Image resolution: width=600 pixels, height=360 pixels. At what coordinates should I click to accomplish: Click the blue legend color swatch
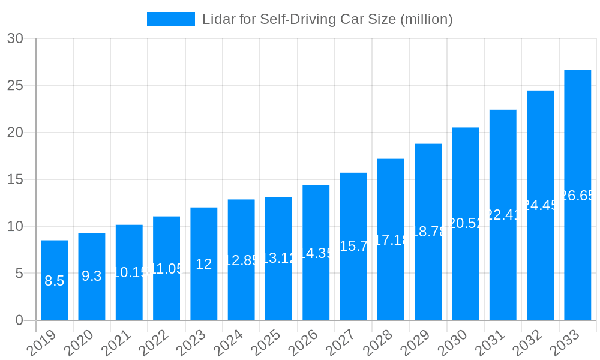171,19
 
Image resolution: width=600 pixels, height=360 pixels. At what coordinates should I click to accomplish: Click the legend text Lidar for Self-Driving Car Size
327,19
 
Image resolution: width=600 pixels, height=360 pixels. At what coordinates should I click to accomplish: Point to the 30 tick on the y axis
15,38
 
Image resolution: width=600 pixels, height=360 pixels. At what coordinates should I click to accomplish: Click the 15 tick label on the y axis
15,179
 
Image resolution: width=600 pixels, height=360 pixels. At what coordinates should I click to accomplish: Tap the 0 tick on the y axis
19,320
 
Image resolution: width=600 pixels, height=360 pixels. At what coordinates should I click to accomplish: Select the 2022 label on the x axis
154,344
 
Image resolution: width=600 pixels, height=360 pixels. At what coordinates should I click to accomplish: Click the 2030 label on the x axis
452,344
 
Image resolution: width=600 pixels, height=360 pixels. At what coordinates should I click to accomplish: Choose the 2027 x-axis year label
340,344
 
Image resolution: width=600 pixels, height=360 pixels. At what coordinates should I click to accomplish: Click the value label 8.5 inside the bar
54,281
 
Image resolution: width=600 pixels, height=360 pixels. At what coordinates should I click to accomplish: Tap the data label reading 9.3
92,276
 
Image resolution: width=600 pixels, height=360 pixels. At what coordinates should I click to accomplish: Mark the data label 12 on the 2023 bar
204,264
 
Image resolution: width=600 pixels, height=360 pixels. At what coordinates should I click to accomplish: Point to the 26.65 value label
577,196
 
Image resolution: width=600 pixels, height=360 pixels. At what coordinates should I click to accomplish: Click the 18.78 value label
428,232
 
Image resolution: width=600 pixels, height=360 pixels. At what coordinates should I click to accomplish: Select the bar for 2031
503,270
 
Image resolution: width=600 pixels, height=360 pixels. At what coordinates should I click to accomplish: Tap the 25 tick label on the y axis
15,85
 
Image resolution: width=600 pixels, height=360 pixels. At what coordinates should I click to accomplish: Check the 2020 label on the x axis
79,344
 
